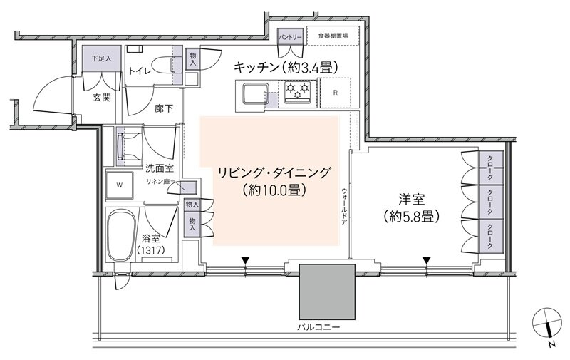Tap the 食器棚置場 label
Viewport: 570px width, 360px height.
tap(333, 35)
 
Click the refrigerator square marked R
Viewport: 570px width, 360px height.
tap(335, 93)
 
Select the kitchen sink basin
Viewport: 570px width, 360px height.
tap(254, 93)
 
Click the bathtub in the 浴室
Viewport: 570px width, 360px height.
tap(124, 236)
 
